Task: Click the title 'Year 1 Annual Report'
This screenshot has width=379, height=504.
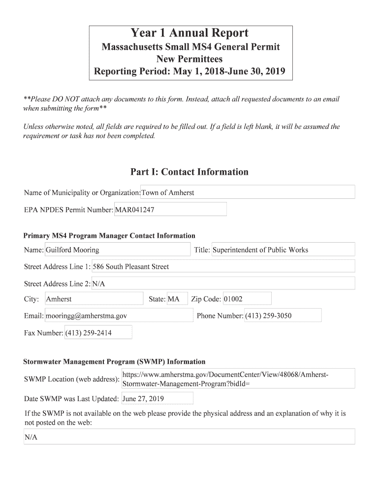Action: click(189, 33)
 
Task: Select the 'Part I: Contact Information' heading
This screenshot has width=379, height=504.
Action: click(189, 172)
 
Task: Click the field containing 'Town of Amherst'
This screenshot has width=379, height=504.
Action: click(248, 192)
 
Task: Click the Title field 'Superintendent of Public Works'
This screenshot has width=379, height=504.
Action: click(283, 250)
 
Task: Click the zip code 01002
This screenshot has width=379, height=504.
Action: click(247, 299)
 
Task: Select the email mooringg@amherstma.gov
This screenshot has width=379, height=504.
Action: click(118, 315)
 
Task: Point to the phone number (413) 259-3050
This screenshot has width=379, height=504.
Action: click(283, 315)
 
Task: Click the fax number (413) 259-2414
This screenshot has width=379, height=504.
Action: click(98, 333)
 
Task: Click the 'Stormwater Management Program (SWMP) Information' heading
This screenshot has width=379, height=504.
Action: click(114, 362)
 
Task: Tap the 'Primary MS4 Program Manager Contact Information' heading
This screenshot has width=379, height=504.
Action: click(109, 236)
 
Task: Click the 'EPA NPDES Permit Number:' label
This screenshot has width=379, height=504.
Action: click(68, 210)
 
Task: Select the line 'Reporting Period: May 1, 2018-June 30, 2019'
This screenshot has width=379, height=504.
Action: click(189, 72)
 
